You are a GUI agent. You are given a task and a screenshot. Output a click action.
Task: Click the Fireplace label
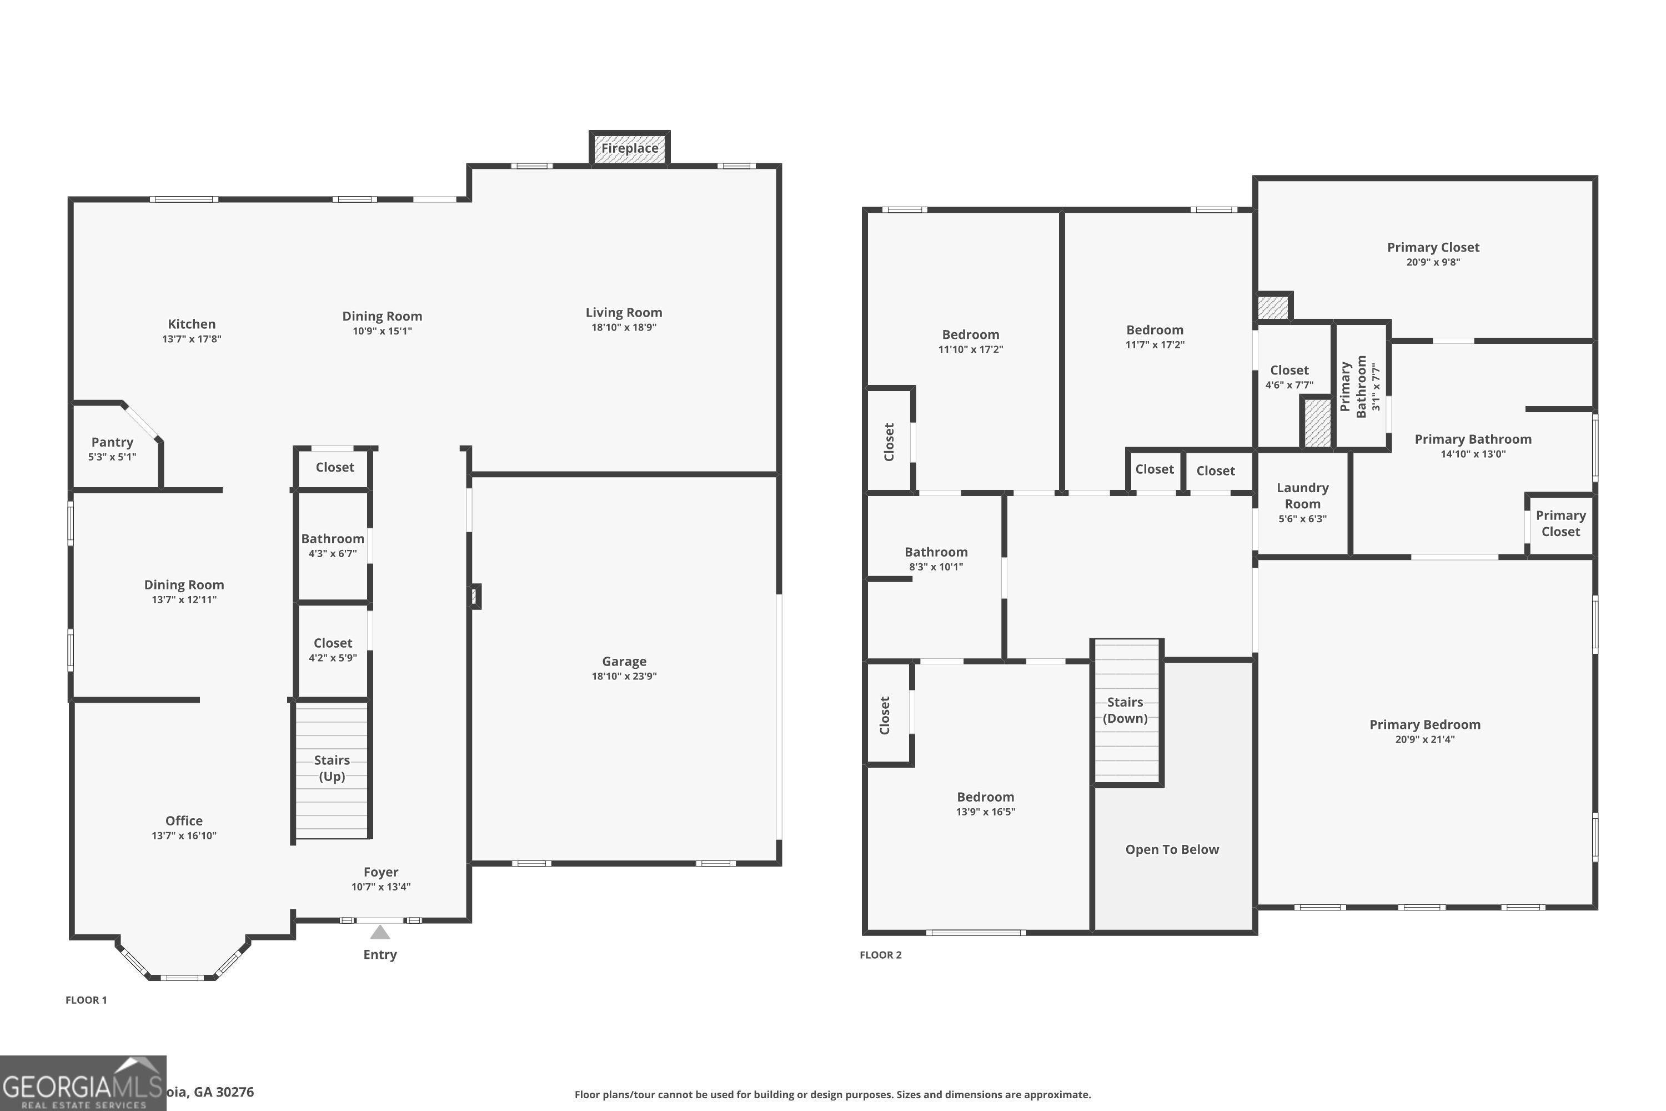(x=629, y=148)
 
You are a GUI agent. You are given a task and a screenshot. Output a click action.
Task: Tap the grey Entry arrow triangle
(x=380, y=933)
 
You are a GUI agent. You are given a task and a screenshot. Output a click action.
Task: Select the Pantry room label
(x=112, y=442)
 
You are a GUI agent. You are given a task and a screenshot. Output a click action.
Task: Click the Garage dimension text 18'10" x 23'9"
(x=624, y=676)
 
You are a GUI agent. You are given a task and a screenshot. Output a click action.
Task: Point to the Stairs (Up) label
(x=332, y=768)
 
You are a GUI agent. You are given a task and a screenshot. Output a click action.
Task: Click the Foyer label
(x=380, y=872)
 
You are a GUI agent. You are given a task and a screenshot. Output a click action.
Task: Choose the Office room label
(x=183, y=820)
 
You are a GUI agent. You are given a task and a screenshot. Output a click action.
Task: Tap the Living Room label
(x=623, y=312)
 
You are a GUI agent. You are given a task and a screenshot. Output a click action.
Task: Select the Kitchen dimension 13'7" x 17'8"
(x=191, y=339)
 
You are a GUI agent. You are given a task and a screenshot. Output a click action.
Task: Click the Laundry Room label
(x=1302, y=496)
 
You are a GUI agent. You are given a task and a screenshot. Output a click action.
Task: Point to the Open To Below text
(x=1172, y=849)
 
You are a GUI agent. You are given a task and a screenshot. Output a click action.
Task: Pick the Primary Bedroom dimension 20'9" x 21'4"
(x=1424, y=739)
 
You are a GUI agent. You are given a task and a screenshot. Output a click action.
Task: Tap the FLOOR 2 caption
(x=880, y=954)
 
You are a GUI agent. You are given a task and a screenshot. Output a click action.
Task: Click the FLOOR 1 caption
(x=86, y=1000)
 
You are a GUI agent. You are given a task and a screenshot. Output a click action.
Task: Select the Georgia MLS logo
(x=83, y=1083)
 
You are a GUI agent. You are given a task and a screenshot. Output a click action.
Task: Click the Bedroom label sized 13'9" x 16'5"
(x=985, y=797)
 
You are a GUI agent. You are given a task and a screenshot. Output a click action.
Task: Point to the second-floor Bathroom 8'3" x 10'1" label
(x=935, y=552)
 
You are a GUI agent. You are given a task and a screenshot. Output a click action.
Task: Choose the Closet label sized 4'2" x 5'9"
(x=332, y=643)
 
